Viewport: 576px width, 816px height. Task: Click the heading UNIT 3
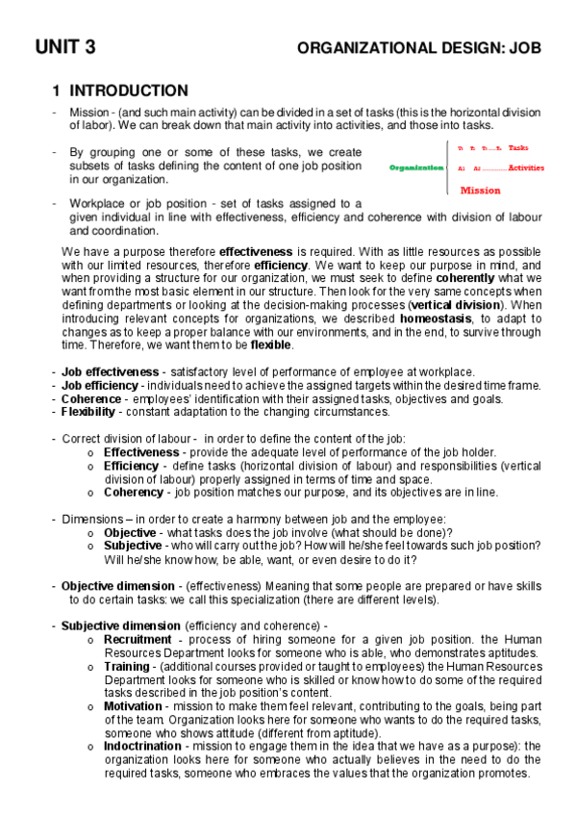[65, 46]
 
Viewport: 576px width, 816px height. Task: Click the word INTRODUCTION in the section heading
[129, 91]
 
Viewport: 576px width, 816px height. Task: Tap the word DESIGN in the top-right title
[466, 46]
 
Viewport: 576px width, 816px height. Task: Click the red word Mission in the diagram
[480, 191]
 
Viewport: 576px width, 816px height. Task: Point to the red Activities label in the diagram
[525, 167]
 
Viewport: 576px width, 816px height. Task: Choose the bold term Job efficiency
[102, 386]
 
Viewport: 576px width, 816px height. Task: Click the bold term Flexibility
[93, 412]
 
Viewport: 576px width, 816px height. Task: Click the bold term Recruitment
[138, 639]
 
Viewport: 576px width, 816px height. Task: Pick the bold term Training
[126, 666]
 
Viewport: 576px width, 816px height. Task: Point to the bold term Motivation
[133, 705]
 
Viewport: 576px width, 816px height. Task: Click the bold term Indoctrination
[141, 746]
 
